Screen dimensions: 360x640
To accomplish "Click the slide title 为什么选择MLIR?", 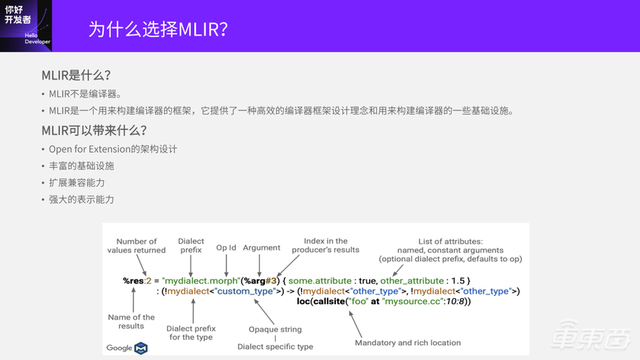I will [158, 29].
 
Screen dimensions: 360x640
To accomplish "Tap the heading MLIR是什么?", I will [76, 75].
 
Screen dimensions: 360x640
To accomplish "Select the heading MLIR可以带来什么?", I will [94, 130].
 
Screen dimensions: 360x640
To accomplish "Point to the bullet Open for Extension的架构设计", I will [113, 149].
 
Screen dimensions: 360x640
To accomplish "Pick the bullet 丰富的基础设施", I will [81, 166].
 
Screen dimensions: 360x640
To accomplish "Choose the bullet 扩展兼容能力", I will [77, 183].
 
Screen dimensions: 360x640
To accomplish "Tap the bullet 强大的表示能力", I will [81, 200].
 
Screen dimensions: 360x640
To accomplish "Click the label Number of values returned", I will [136, 246].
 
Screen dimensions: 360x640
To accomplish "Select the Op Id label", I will [226, 248].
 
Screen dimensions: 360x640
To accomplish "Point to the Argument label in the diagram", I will [261, 248].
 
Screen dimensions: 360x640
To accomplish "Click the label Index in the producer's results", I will [325, 246].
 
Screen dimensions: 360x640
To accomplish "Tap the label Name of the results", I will [131, 322].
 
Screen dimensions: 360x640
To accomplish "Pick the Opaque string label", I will [275, 329].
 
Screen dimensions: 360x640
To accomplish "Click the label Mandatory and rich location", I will [407, 343].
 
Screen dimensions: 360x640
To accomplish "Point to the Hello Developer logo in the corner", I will [26, 26].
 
